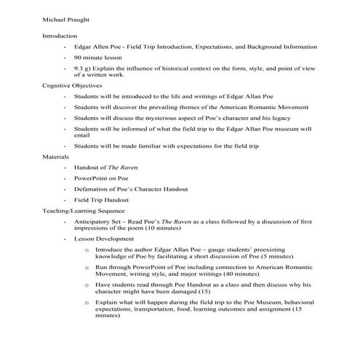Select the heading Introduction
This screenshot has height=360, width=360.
click(x=59, y=36)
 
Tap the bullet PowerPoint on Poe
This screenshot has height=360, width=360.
click(x=100, y=177)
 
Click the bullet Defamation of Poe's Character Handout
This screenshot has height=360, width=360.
click(x=128, y=188)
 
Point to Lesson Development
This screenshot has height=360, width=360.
click(x=103, y=238)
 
